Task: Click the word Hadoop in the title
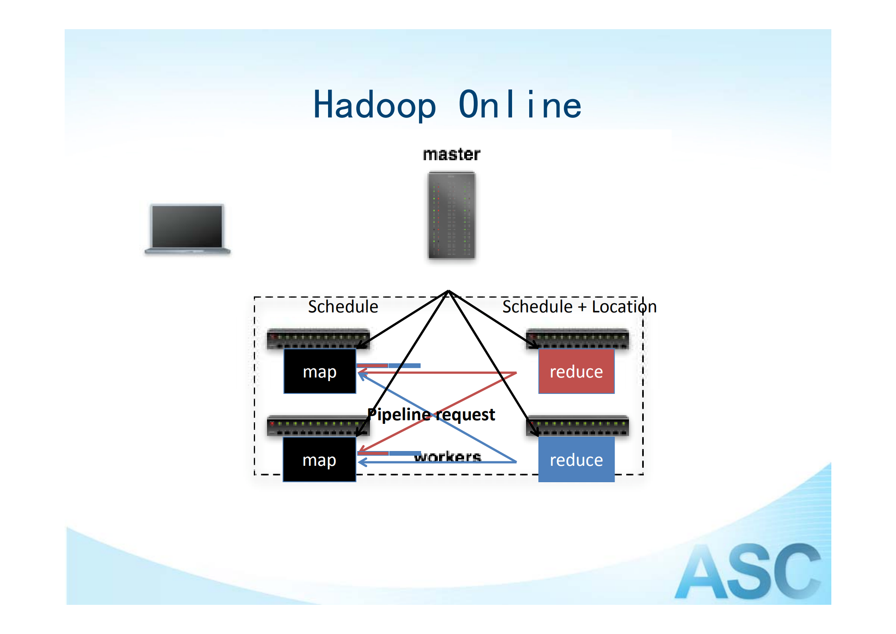point(374,105)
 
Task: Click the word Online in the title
point(520,105)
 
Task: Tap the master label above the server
point(451,155)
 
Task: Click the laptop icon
point(187,229)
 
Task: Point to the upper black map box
point(320,371)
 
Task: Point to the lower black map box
point(319,459)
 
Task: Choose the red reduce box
point(576,371)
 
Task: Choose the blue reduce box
point(576,459)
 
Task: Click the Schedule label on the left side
point(343,307)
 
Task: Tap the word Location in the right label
point(624,307)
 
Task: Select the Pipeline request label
point(431,415)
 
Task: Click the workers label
point(447,456)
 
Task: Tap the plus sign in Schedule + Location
point(582,307)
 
